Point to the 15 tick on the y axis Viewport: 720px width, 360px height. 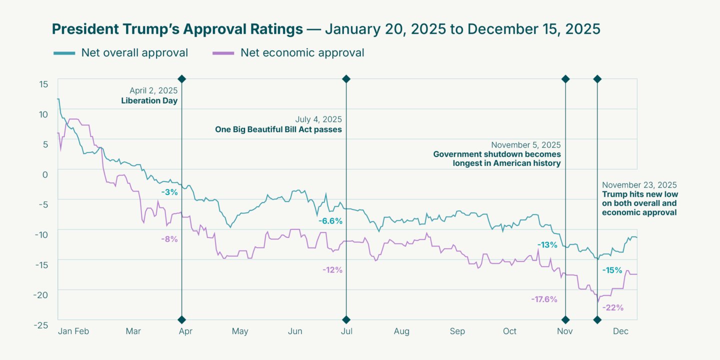click(43, 83)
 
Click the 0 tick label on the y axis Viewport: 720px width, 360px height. click(45, 174)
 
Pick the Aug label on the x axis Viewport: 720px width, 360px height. click(401, 331)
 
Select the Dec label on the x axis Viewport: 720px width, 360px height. click(620, 331)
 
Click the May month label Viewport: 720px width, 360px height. click(240, 331)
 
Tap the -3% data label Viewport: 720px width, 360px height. click(169, 192)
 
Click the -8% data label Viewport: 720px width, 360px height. click(169, 239)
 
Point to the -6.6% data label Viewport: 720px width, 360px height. click(330, 221)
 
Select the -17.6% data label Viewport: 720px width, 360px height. click(544, 299)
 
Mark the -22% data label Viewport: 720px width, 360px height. click(613, 307)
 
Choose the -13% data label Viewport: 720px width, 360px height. click(547, 244)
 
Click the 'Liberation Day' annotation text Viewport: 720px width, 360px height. click(149, 100)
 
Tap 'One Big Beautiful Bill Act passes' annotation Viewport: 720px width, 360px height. click(278, 129)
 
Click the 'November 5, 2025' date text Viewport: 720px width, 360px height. click(526, 145)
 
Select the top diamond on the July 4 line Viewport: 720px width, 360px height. click(346, 79)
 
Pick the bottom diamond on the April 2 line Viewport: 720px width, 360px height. click(182, 320)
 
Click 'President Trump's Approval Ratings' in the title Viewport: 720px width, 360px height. click(177, 29)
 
